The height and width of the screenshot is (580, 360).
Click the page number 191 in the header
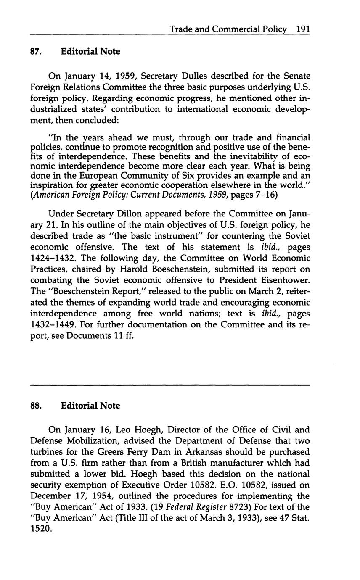303,29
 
